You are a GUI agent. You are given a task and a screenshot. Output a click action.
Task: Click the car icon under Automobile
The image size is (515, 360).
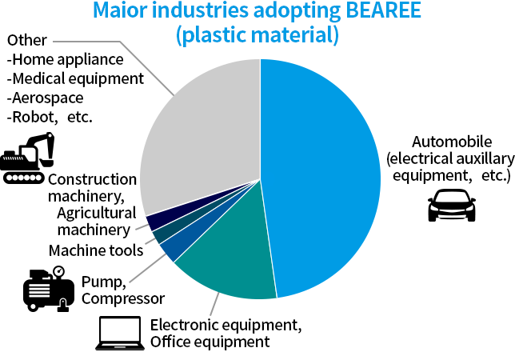pyautogui.click(x=452, y=207)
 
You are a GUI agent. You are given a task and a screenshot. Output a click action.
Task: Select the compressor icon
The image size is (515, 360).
pyautogui.click(x=48, y=289)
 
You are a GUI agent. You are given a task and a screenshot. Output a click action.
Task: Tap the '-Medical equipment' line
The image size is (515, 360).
pyautogui.click(x=74, y=78)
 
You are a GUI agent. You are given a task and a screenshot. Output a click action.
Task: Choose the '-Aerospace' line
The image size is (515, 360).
pyautogui.click(x=45, y=98)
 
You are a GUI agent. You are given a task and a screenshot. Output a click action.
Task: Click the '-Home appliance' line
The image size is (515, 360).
pyautogui.click(x=65, y=59)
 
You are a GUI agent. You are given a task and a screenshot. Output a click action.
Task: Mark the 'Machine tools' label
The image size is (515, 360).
pyautogui.click(x=95, y=250)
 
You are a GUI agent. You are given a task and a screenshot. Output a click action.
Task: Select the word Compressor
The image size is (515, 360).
pyautogui.click(x=123, y=298)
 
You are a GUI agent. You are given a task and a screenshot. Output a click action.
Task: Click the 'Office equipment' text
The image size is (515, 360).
pyautogui.click(x=210, y=342)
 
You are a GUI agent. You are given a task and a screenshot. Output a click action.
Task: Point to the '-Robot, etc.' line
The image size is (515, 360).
pyautogui.click(x=49, y=117)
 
